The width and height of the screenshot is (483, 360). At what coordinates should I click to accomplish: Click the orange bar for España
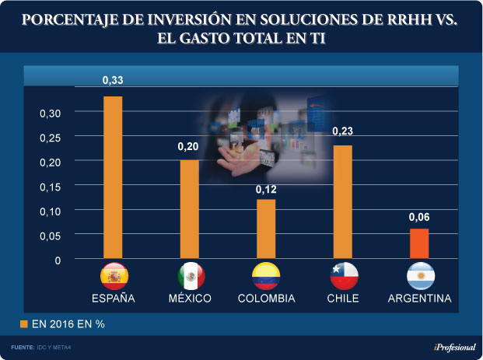[x=114, y=177]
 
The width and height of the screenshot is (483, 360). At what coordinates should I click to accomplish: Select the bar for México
[x=189, y=208]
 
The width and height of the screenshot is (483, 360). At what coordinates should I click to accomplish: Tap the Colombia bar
[x=266, y=228]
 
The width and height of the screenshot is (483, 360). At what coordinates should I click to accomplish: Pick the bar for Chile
[x=343, y=201]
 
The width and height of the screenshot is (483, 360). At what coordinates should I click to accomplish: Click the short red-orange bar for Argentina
[x=419, y=243]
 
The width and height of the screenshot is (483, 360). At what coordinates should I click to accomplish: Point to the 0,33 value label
[x=114, y=80]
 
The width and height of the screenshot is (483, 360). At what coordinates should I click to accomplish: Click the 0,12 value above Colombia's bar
[x=266, y=190]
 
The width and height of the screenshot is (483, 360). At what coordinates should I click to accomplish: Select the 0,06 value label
[x=419, y=218]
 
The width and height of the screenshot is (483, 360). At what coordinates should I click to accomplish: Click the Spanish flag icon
[x=114, y=276]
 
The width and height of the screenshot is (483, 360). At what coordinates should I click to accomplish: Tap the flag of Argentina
[x=421, y=276]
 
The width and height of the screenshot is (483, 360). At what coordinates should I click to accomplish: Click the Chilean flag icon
[x=343, y=276]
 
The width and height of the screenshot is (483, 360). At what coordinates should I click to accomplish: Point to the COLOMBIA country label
[x=266, y=299]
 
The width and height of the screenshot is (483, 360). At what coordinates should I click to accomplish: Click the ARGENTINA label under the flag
[x=421, y=299]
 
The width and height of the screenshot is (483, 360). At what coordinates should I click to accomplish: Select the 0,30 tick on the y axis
[x=50, y=113]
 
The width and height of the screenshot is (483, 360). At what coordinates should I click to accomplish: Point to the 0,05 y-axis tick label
[x=50, y=235]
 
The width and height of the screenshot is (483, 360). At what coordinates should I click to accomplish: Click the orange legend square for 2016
[x=23, y=323]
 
